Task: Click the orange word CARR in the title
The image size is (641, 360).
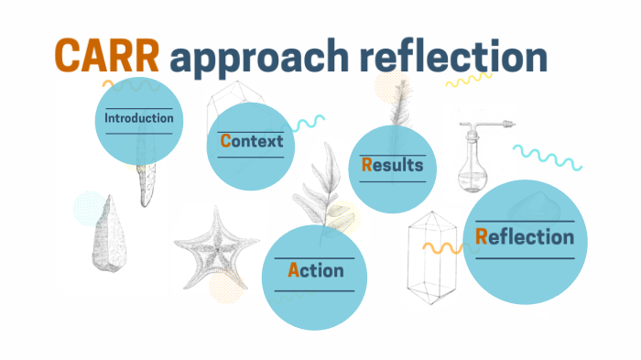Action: click(x=108, y=58)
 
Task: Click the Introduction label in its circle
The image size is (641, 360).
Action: click(x=138, y=118)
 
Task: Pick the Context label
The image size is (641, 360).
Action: click(x=251, y=141)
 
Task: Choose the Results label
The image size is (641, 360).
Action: click(x=392, y=165)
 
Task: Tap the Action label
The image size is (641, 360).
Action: click(x=315, y=270)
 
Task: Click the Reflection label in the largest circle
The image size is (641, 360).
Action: click(x=525, y=237)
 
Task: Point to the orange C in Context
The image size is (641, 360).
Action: click(x=224, y=141)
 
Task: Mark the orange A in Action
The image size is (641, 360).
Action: click(x=293, y=270)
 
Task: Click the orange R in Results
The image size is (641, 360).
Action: click(x=366, y=165)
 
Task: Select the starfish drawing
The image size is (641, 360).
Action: click(x=211, y=250)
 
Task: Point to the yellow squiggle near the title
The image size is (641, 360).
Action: click(x=468, y=80)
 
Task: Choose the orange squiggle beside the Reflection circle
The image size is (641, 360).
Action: click(x=442, y=247)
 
